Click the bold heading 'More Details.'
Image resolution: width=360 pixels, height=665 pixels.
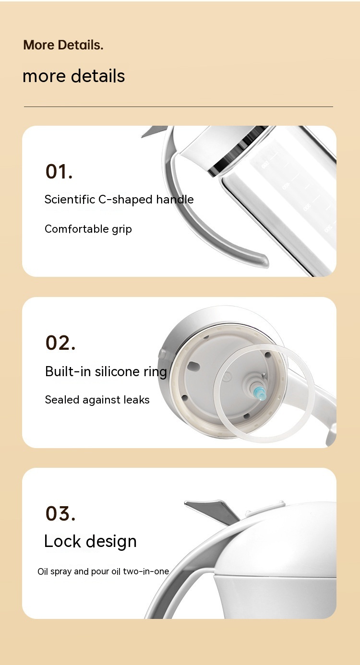coord(63,45)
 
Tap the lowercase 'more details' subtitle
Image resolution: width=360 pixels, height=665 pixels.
coord(73,76)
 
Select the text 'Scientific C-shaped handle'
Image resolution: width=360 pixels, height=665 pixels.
coord(119,200)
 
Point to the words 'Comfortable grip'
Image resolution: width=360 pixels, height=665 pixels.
coord(88,229)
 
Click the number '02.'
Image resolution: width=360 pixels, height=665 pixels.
coord(60,343)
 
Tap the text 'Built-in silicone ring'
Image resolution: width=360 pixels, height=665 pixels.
coord(106,372)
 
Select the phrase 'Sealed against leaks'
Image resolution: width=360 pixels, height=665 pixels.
coord(97,400)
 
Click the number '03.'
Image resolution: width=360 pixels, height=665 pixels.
coord(60,513)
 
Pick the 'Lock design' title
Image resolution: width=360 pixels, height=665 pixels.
coord(90,541)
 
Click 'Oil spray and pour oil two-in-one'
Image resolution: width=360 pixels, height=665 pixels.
coord(103,571)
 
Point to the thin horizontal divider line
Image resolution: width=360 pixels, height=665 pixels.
coord(178,107)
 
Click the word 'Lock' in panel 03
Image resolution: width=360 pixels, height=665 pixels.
coord(63,541)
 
